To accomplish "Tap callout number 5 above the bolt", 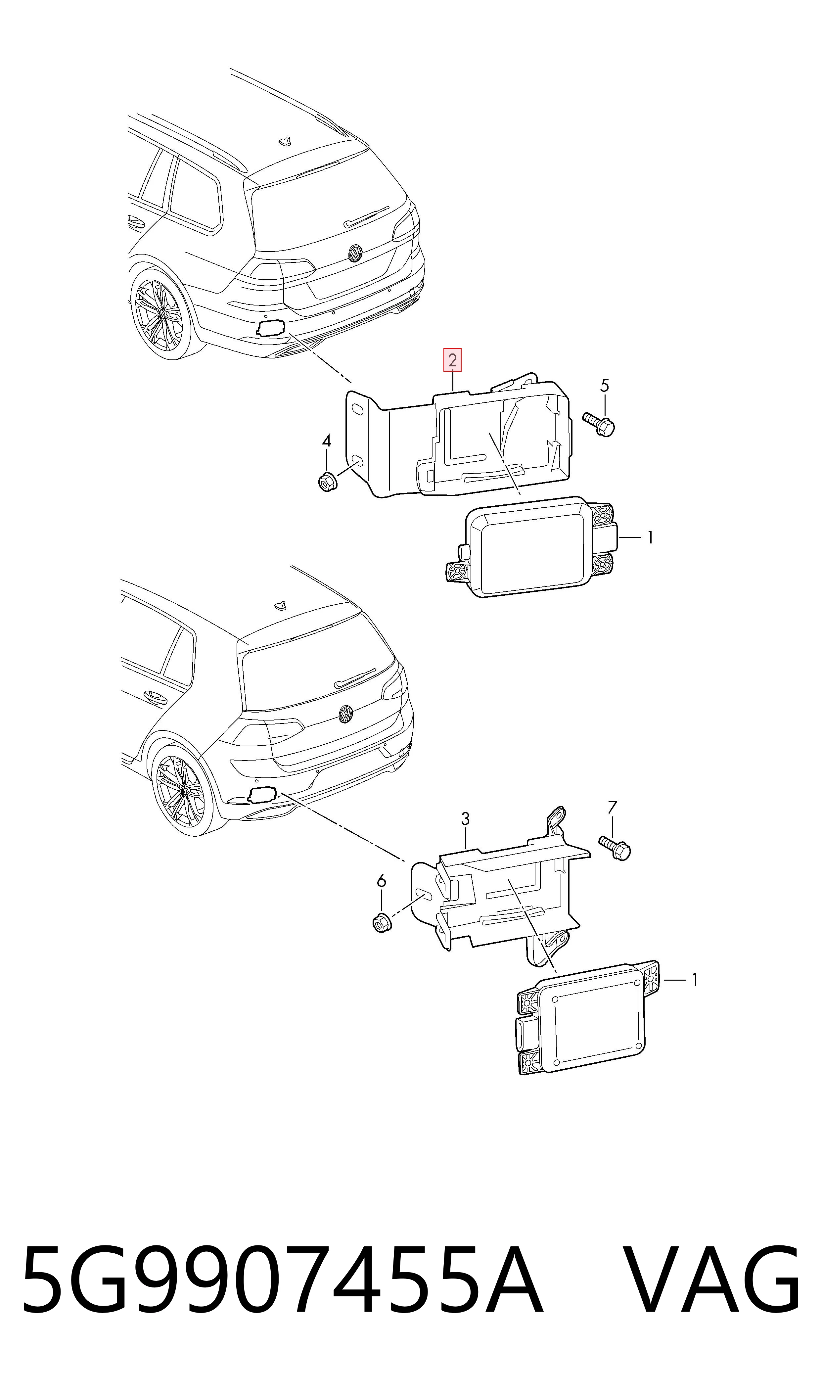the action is [605, 386].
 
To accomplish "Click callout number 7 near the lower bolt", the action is [612, 808].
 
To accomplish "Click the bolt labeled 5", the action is [599, 424].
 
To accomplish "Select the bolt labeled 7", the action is [615, 848].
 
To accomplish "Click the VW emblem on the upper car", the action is [355, 254].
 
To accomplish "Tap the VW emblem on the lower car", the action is [346, 714].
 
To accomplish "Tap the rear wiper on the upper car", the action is [366, 216].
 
